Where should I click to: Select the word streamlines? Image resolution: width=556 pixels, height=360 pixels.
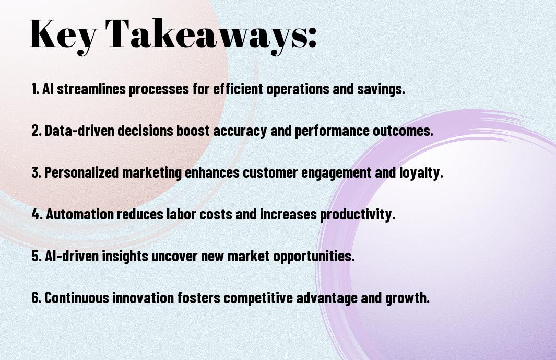click(x=91, y=88)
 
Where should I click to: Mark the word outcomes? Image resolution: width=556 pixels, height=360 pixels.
click(x=403, y=131)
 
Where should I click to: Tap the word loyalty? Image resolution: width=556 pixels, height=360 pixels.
click(x=421, y=173)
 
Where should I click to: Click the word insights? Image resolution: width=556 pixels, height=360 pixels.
click(x=125, y=256)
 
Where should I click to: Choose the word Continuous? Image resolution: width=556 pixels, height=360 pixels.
click(x=77, y=297)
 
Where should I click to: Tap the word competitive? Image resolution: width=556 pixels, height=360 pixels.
click(x=258, y=298)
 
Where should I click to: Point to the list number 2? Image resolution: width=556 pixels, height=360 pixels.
click(x=37, y=130)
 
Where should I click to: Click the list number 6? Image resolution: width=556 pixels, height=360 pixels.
click(x=37, y=297)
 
